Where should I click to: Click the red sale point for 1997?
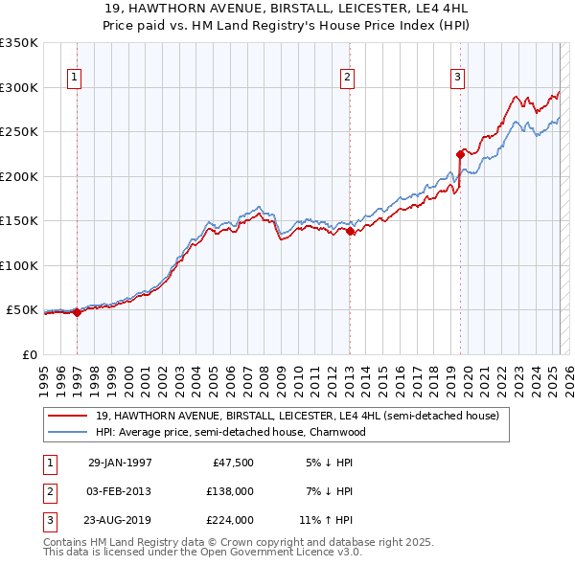pyautogui.click(x=78, y=312)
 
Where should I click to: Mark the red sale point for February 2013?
pyautogui.click(x=350, y=231)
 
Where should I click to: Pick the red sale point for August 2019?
pyautogui.click(x=461, y=153)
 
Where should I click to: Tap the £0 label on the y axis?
pyautogui.click(x=30, y=354)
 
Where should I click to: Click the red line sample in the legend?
pyautogui.click(x=69, y=417)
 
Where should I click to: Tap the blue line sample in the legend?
pyautogui.click(x=69, y=432)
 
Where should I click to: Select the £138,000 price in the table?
pyautogui.click(x=230, y=491)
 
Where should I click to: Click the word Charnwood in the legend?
pyautogui.click(x=336, y=432)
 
